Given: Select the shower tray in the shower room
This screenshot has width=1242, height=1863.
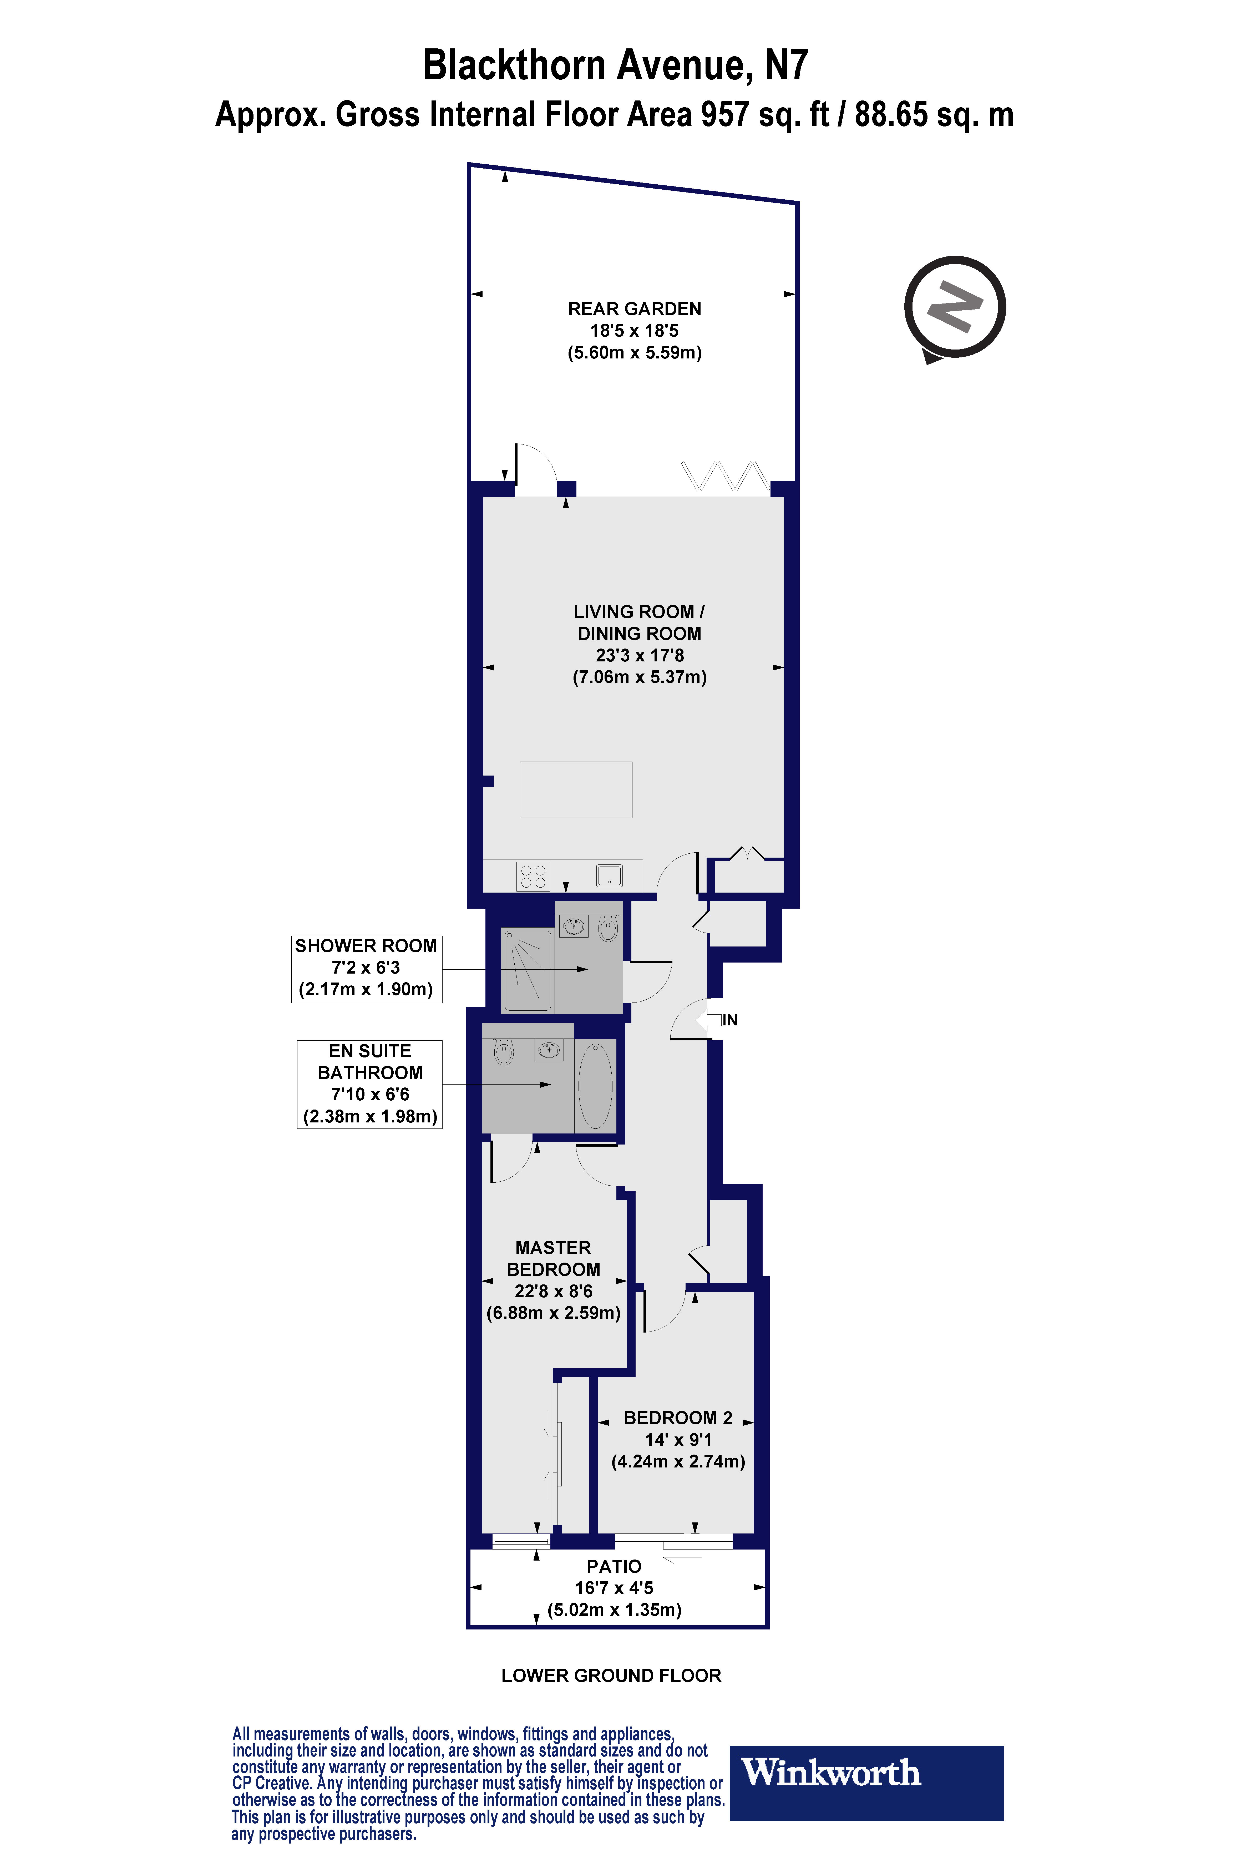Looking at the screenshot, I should pyautogui.click(x=528, y=970).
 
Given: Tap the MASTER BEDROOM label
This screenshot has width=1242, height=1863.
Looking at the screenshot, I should pyautogui.click(x=553, y=1258).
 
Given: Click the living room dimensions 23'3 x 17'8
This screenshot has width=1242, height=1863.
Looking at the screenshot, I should pyautogui.click(x=639, y=655).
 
